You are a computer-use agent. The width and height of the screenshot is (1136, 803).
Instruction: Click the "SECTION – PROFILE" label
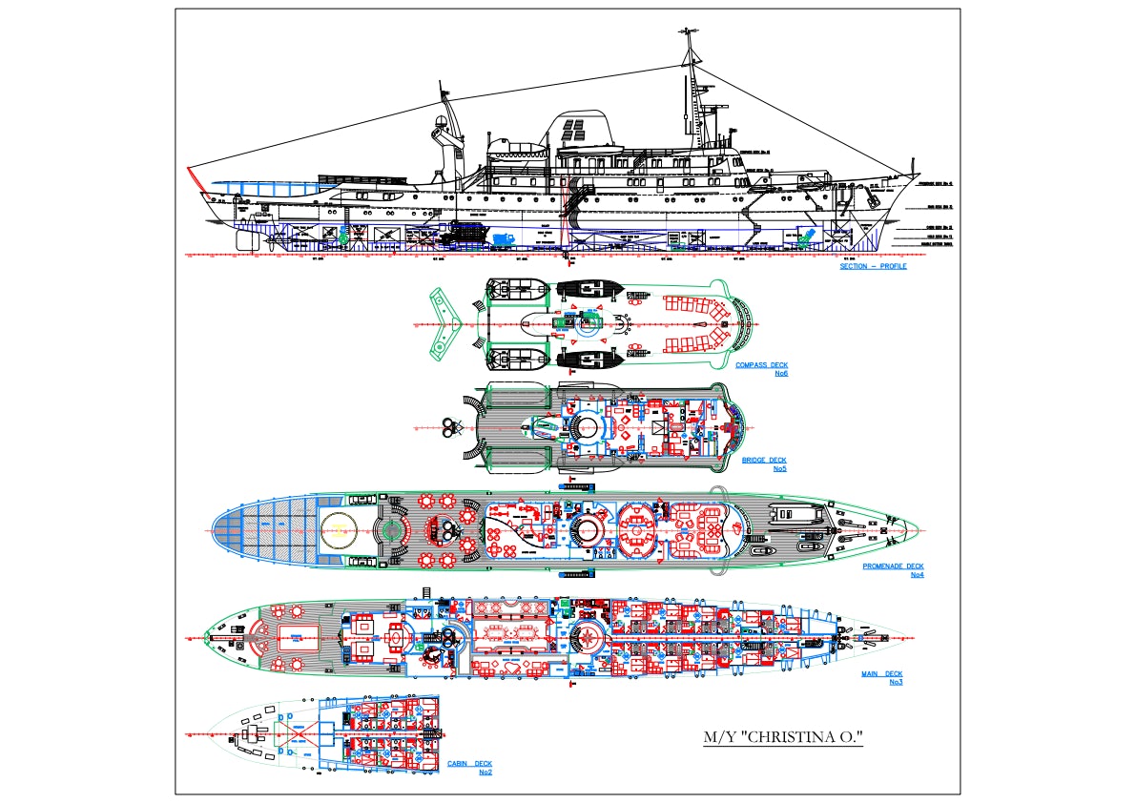(x=873, y=266)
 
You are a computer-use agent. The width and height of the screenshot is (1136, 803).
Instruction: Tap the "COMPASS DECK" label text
(x=761, y=365)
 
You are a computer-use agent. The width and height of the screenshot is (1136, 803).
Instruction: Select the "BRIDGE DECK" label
(x=764, y=461)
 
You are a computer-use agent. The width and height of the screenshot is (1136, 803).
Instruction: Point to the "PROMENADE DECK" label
(x=893, y=566)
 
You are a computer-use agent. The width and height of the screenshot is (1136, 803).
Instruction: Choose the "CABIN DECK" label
(x=469, y=764)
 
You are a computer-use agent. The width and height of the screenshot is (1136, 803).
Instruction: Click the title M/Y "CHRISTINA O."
(x=782, y=737)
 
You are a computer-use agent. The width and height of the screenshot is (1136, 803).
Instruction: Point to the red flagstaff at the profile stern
(x=194, y=179)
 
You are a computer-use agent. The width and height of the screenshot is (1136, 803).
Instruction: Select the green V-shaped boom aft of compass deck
(x=444, y=325)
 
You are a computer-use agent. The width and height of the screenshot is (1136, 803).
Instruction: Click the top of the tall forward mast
(x=688, y=33)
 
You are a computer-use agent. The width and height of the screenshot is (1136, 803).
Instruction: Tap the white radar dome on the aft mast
(x=441, y=122)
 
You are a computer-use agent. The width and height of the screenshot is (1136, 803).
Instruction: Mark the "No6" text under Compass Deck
(x=780, y=373)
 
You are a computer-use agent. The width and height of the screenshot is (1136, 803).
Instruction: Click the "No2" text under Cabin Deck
(x=485, y=772)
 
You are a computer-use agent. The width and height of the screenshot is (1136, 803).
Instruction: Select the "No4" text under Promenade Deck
(x=917, y=574)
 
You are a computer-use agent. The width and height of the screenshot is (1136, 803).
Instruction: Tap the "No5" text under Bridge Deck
(x=779, y=468)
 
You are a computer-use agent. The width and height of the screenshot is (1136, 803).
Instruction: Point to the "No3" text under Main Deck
(x=895, y=682)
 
